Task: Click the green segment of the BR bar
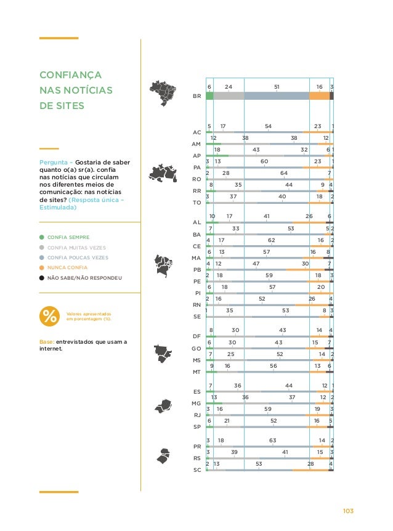click(209, 96)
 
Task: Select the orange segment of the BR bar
click(319, 96)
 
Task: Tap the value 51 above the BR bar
click(277, 87)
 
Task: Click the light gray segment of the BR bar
click(229, 96)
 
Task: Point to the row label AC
click(197, 132)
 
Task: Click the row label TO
click(197, 202)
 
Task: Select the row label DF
click(197, 336)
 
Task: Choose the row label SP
click(197, 426)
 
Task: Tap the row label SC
click(197, 469)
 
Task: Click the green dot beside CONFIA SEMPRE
click(41, 237)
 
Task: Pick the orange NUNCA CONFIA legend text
click(67, 267)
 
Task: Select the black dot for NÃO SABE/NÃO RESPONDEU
click(41, 278)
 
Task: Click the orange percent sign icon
click(49, 315)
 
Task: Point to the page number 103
click(349, 511)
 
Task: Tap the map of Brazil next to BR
click(163, 94)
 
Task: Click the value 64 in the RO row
click(284, 174)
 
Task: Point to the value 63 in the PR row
click(273, 440)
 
